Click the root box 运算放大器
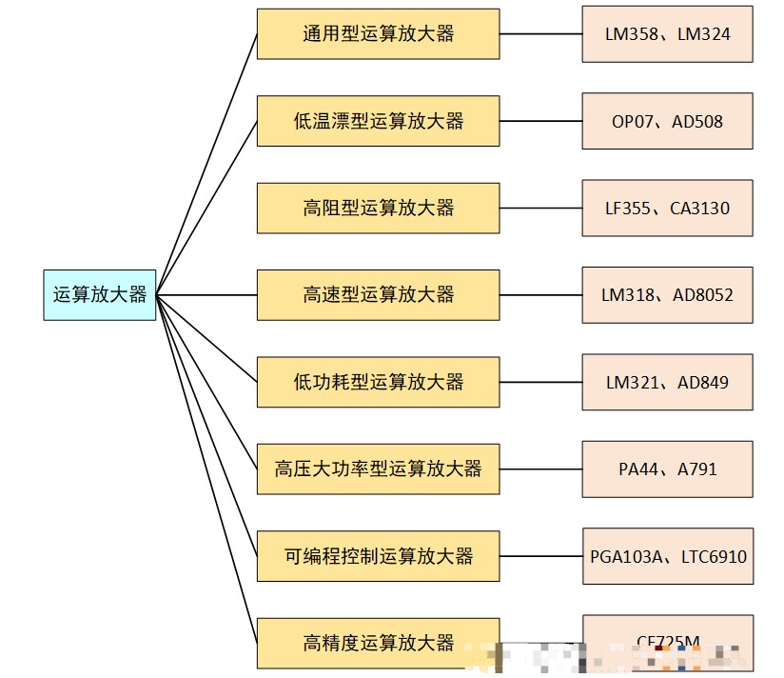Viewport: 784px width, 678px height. [100, 294]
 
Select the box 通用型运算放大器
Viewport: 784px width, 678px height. [378, 34]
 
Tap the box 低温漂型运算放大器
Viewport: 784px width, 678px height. [378, 121]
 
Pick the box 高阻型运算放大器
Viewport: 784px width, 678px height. [378, 208]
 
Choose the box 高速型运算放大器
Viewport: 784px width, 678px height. [378, 294]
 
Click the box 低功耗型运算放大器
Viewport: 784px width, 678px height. [378, 382]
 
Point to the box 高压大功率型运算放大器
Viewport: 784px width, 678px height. [378, 469]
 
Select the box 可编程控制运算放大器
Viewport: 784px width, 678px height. [378, 556]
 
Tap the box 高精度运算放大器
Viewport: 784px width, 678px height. [378, 643]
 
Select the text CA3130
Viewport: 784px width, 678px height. [699, 209]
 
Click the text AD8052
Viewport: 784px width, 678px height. [703, 295]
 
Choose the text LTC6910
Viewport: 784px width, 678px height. [714, 557]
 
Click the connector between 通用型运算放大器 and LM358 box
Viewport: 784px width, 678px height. [540, 34]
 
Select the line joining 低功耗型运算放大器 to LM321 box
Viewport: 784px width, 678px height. [540, 382]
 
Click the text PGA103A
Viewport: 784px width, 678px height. [625, 557]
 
